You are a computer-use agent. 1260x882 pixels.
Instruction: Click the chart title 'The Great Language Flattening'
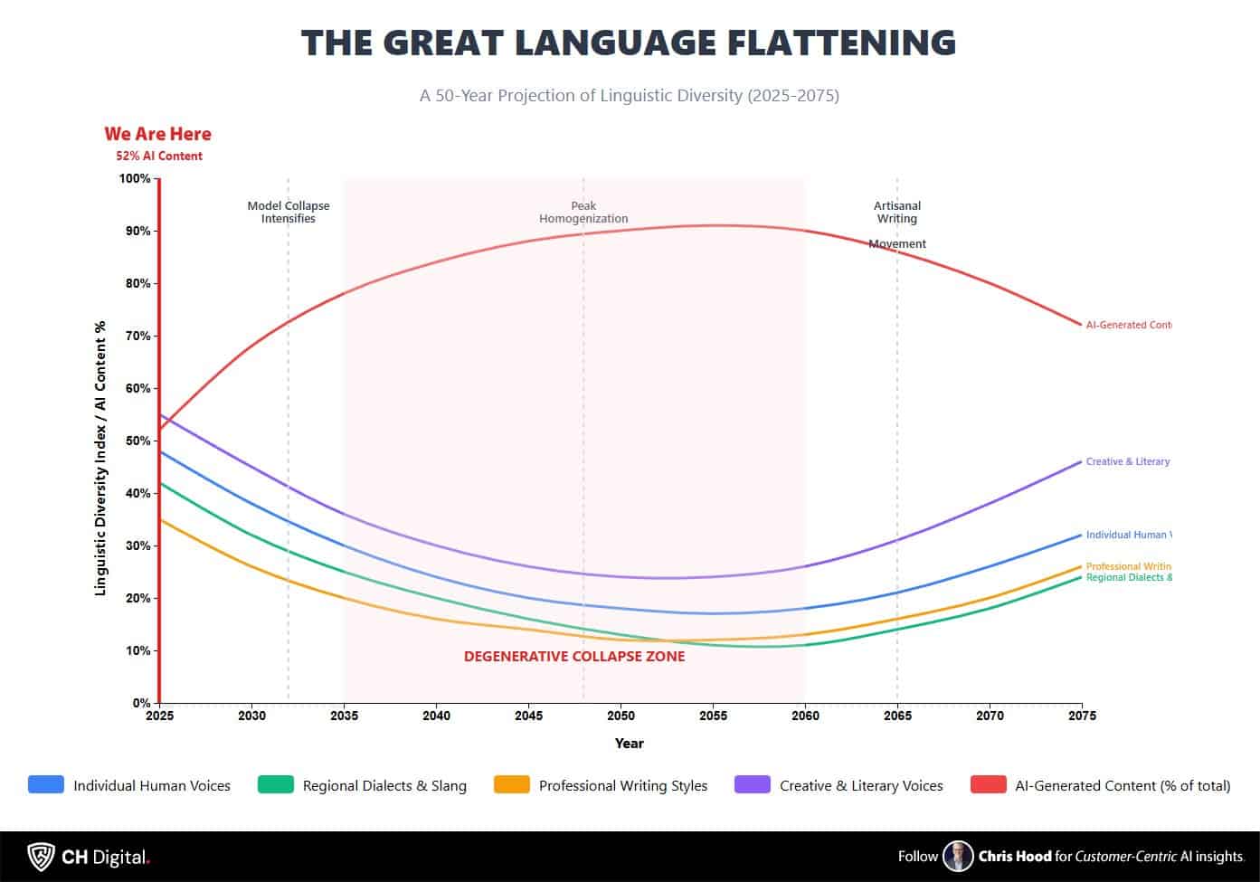[629, 43]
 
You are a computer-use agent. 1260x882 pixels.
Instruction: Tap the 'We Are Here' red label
[157, 134]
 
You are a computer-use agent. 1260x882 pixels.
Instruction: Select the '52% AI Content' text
[159, 156]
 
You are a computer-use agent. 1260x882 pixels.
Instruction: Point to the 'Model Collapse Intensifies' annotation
[289, 212]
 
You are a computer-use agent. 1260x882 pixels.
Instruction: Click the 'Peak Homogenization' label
[583, 212]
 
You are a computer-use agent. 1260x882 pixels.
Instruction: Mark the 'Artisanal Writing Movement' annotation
[897, 223]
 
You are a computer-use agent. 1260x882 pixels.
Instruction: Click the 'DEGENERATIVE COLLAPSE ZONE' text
[574, 657]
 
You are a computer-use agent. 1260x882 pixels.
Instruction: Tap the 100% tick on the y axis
[135, 178]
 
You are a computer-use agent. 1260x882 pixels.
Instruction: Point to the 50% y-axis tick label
[137, 441]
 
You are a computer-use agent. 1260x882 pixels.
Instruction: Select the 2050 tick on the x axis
[621, 716]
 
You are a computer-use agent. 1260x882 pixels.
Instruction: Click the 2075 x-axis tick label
[1081, 716]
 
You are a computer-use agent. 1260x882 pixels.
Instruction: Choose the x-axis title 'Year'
[630, 743]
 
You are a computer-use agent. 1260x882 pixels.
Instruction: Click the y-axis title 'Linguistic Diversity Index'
[100, 458]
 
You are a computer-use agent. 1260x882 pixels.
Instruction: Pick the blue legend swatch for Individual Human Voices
[46, 785]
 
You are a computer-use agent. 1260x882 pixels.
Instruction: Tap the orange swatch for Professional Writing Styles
[512, 785]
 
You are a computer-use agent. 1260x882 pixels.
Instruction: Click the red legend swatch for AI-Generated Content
[988, 785]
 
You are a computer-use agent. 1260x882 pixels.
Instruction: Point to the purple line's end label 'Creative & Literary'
[1127, 461]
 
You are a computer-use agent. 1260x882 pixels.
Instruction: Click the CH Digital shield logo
[41, 856]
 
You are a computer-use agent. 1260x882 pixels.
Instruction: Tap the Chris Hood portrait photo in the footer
[957, 856]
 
